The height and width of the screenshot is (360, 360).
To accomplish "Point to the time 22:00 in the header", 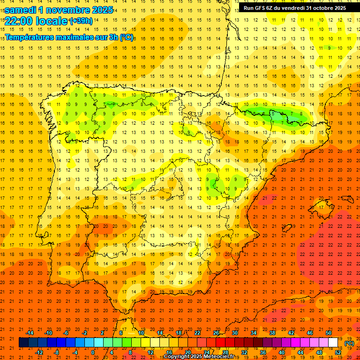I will pyautogui.click(x=18, y=21).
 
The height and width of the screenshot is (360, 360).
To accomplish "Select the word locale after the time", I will pyautogui.click(x=51, y=21).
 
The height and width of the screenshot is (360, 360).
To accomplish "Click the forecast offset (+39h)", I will pyautogui.click(x=81, y=21).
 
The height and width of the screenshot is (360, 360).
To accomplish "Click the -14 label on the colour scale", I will pyautogui.click(x=30, y=333).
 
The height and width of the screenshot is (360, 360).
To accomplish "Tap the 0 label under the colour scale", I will pyautogui.click(x=93, y=352).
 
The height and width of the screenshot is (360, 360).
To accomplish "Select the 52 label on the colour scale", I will pyautogui.click(x=338, y=352).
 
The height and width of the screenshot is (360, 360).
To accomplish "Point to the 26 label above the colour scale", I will pyautogui.click(x=216, y=333).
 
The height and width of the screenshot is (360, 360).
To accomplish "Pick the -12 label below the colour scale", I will pyautogui.click(x=39, y=352).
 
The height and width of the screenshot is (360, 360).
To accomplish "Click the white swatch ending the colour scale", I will pyautogui.click(x=333, y=343).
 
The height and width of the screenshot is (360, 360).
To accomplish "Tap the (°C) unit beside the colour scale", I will pyautogui.click(x=349, y=343).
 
